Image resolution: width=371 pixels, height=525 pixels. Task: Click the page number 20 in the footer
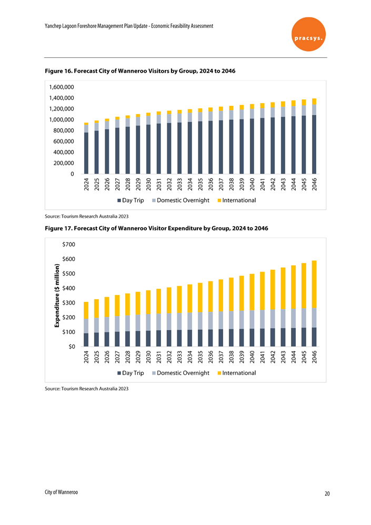coord(327,493)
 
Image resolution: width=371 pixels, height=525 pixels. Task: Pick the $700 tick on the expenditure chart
coord(68,245)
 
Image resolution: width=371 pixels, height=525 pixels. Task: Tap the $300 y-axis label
coord(68,303)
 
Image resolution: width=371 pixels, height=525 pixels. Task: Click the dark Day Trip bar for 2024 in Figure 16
coord(86,153)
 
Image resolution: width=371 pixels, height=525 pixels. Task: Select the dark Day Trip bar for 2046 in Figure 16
coord(314,144)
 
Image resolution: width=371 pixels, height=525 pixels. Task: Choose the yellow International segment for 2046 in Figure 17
coord(314,284)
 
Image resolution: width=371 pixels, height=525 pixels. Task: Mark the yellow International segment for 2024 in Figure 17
coord(86,310)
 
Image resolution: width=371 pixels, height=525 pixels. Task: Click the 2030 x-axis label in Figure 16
coord(148,185)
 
